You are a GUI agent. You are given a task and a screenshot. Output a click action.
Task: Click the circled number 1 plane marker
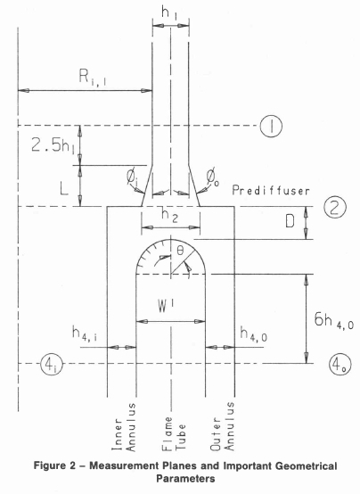pos(271,126)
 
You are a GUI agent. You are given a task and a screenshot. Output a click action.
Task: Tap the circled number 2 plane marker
pos(335,207)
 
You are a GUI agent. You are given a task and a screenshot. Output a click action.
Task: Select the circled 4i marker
pos(52,364)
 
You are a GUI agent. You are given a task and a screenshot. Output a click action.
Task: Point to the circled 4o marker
pos(340,365)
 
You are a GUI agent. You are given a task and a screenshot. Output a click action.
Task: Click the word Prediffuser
pos(271,190)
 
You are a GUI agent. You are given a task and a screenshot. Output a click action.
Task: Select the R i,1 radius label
pos(93,78)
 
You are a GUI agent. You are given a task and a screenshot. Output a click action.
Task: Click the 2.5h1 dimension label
pos(53,146)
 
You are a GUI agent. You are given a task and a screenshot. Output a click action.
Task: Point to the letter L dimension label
pos(64,188)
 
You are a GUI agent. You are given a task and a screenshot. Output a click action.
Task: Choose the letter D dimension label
pos(290,221)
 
